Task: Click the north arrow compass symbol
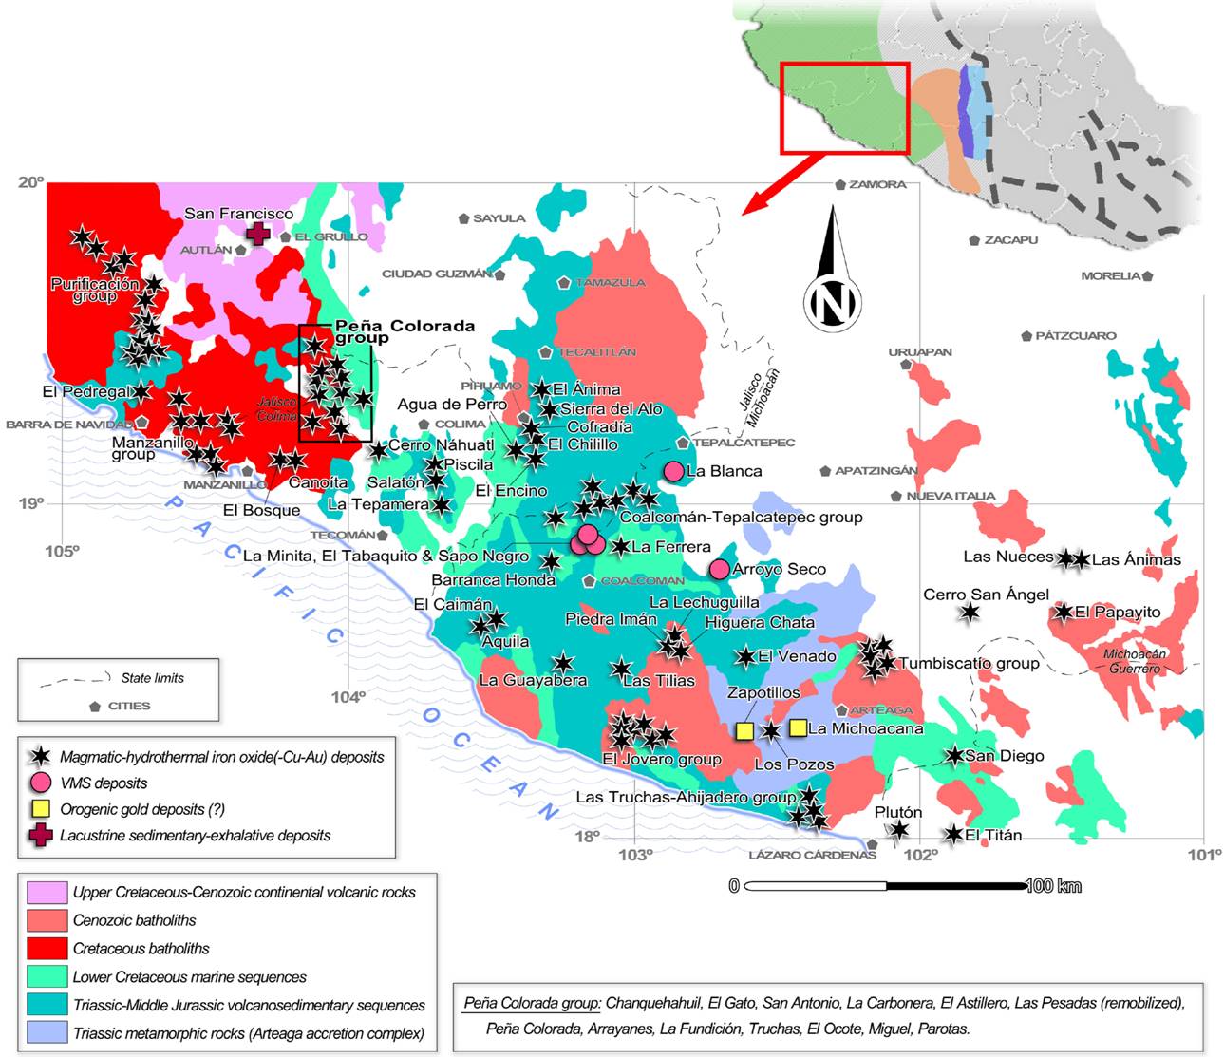coord(833,285)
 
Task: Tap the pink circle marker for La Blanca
coord(673,471)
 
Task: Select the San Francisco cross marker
coord(257,234)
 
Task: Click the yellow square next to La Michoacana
coord(799,727)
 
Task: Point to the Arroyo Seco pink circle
coord(720,569)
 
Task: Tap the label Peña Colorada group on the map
coord(404,330)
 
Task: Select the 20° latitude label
coord(30,181)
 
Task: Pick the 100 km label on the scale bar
coord(1054,886)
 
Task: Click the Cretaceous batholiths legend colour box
coord(46,948)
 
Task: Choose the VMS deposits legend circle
coord(40,783)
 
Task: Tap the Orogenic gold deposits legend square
coord(40,810)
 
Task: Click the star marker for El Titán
coord(954,835)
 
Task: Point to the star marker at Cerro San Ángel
coord(969,613)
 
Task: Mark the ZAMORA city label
coord(876,184)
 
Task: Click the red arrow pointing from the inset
coord(779,185)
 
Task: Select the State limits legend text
coord(152,678)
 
